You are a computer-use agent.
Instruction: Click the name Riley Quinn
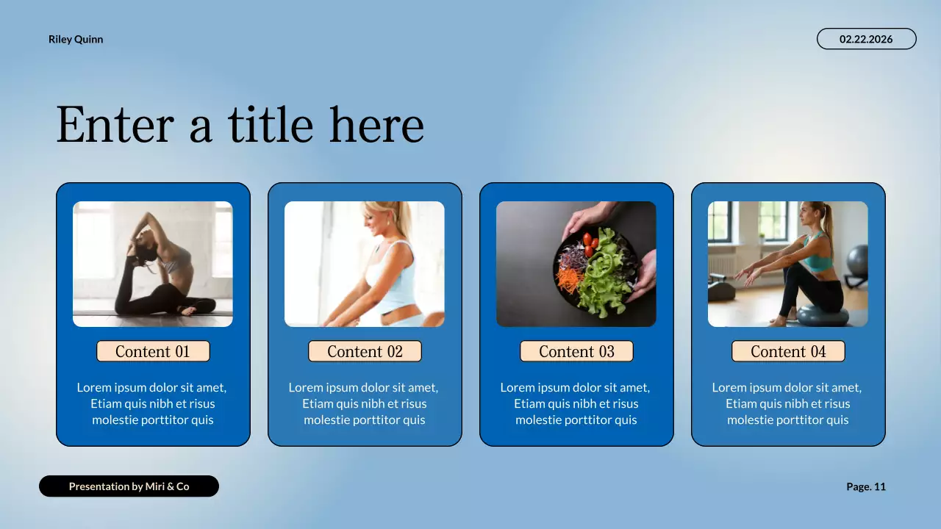pos(76,40)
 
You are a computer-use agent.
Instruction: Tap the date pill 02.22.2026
pos(866,39)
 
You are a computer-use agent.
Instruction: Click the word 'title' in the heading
pos(270,125)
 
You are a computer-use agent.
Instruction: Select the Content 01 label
pos(153,351)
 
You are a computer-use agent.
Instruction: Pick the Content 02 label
pos(365,351)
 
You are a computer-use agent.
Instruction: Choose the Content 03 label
pos(576,351)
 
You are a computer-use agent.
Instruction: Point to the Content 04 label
pos(788,351)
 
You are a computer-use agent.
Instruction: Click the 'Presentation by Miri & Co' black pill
pos(129,486)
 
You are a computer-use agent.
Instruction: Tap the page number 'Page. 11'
pos(866,486)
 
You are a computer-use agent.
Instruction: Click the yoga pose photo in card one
pos(153,264)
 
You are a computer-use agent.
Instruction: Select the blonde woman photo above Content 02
pos(365,264)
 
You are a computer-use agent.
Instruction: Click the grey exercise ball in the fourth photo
pos(857,260)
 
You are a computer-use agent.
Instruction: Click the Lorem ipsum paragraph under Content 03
pos(576,403)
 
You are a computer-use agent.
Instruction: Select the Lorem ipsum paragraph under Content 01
pos(153,403)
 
